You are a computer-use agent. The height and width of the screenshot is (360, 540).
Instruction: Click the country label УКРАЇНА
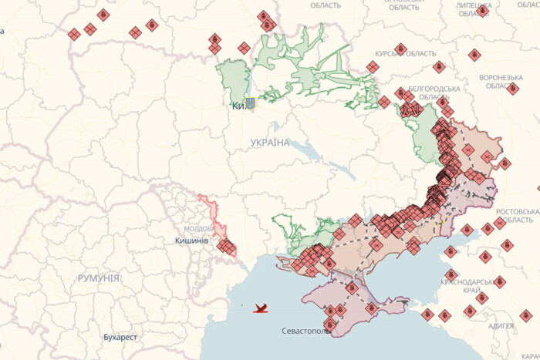coord(270,143)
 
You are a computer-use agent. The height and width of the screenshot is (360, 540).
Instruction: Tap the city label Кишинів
coord(191,241)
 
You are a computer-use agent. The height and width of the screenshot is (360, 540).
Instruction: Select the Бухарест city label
coord(120,337)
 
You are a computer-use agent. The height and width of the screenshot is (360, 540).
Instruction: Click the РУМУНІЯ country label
coord(98,278)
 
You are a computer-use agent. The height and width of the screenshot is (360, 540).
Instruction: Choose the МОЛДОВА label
coord(199,229)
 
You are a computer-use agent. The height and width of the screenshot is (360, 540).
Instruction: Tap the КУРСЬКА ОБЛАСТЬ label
coord(406,53)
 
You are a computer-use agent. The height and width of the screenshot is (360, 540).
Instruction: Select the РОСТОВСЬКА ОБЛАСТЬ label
coord(518,216)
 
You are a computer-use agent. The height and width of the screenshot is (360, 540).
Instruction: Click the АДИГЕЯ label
coord(501,326)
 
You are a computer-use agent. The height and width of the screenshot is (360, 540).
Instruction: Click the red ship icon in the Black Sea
coord(262,308)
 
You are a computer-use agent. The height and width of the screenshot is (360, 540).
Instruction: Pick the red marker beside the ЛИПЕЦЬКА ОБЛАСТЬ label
coord(482,11)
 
